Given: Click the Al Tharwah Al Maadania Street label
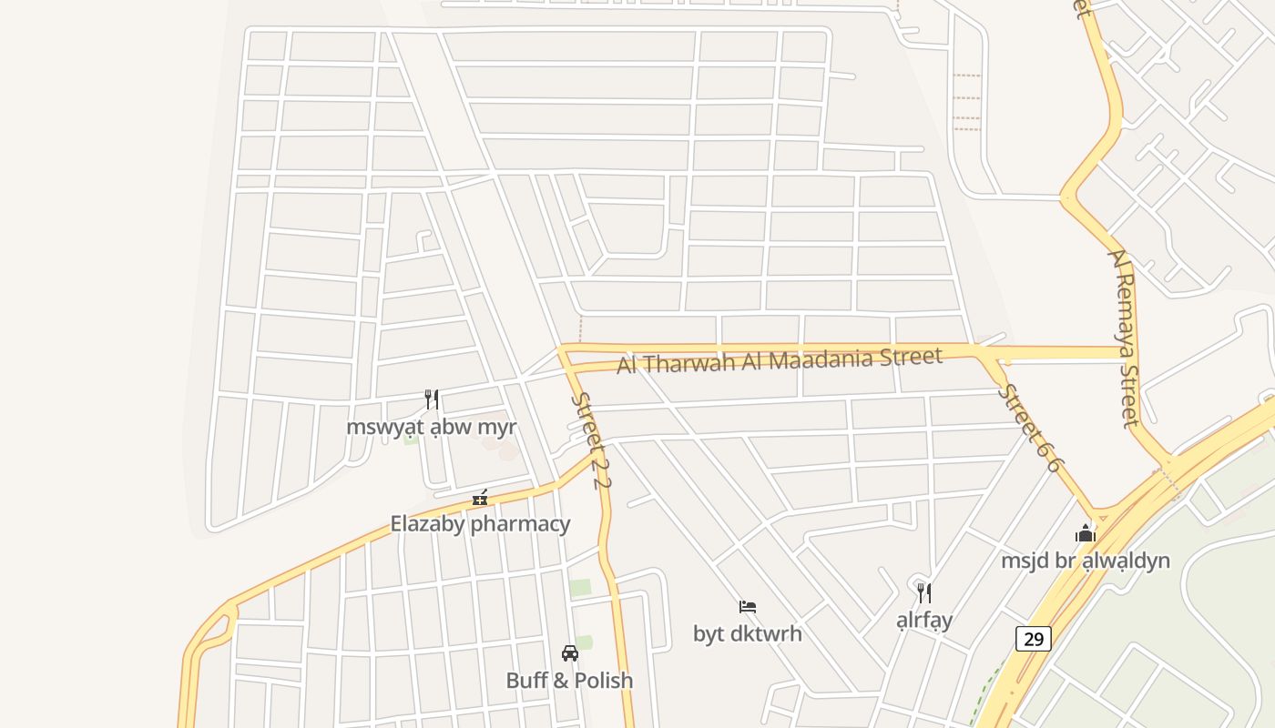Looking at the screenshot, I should (780, 359).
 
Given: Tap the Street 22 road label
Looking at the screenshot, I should (589, 440).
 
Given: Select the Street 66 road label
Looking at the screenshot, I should (1030, 428).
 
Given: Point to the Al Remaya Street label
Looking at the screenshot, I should (1124, 337).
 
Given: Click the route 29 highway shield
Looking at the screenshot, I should (1034, 639).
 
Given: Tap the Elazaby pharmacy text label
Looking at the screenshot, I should (480, 524).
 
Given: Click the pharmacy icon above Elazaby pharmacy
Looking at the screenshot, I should (480, 498).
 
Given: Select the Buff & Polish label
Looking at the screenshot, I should (569, 681).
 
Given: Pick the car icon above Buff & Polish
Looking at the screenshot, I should (570, 653).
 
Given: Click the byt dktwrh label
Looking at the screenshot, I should (748, 633).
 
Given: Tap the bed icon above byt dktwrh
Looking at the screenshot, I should (748, 607).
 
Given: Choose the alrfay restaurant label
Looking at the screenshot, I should (924, 621).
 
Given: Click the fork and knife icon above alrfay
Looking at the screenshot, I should (924, 593).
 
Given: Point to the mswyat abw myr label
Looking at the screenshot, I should (432, 427).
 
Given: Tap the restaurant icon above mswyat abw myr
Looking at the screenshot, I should (432, 399).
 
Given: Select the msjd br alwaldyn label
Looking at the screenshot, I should (1086, 561).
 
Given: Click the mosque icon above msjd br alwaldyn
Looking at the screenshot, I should (1086, 533).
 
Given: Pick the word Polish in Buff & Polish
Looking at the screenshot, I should (602, 681).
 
